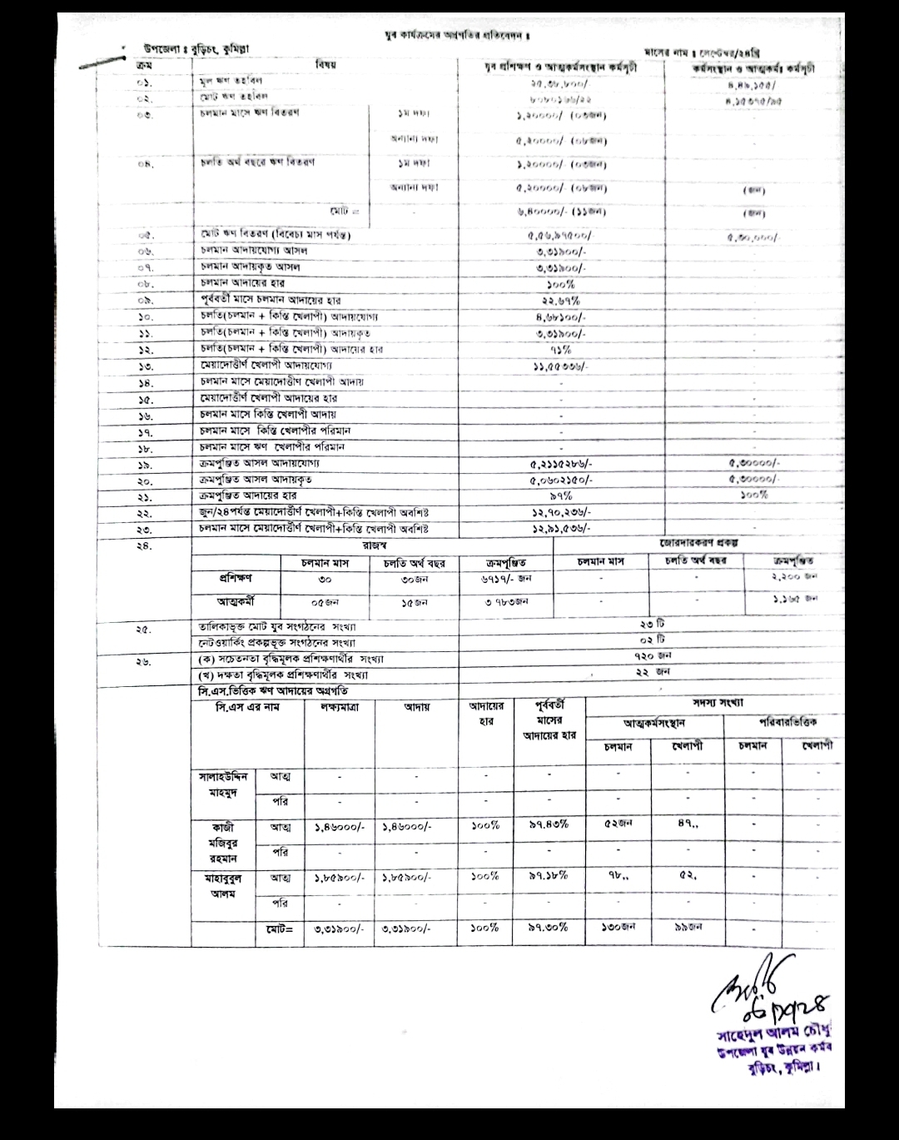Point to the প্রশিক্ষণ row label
236,578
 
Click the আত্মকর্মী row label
236,601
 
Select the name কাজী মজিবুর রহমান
224,842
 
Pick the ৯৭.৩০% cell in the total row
549,927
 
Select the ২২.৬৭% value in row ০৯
560,301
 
